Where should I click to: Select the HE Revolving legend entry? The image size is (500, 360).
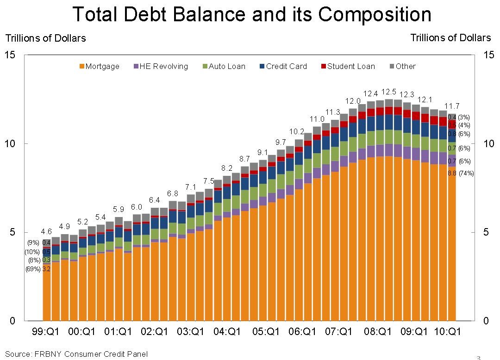[161, 66]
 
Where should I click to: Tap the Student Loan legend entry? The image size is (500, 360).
[347, 66]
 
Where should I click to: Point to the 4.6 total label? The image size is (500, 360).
[46, 231]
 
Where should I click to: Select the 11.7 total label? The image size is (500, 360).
[452, 106]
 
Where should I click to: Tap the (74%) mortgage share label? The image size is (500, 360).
[466, 173]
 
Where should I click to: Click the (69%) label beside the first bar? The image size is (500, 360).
[32, 269]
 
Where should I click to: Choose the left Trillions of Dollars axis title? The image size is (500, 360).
[45, 38]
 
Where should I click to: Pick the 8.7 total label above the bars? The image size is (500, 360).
[245, 159]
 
